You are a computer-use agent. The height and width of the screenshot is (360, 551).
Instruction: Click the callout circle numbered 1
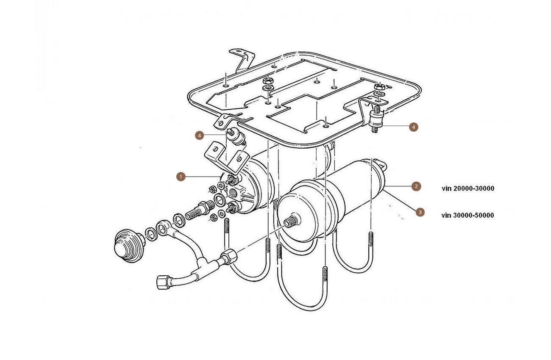coord(181,177)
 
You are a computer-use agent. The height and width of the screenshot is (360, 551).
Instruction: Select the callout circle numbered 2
coord(416,186)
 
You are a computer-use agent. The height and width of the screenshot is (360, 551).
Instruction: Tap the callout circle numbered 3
coord(420,212)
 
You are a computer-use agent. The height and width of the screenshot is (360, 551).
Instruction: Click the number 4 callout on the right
coord(414,127)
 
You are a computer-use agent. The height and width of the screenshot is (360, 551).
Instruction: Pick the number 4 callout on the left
coord(200,136)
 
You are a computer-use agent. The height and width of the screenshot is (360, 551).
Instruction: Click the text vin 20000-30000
coord(468,188)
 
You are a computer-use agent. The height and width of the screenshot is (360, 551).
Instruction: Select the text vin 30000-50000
coord(468,215)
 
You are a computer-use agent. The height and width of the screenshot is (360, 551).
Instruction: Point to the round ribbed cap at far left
coord(129,246)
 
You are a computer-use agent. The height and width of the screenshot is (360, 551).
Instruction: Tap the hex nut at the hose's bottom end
coord(163,282)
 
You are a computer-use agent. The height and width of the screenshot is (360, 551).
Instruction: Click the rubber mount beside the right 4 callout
coord(376,119)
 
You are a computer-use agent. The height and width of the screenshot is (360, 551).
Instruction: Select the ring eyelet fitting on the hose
coord(162,228)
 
